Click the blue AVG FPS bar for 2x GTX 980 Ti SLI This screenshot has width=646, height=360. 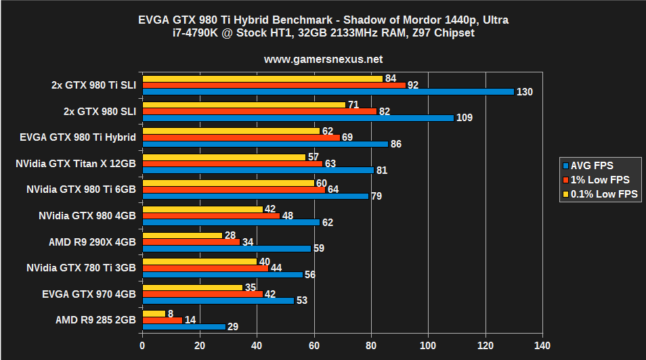[328, 91]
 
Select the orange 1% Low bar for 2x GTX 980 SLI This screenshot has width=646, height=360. [259, 111]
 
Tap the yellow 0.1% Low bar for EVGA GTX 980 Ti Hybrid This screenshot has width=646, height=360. [231, 131]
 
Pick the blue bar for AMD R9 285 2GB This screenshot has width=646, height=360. [184, 326]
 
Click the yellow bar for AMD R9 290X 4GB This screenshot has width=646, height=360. [182, 235]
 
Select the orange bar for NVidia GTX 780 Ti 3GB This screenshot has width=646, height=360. [205, 268]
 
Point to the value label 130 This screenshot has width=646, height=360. [524, 92]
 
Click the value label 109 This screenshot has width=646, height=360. [464, 118]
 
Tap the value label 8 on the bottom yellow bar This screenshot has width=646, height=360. [171, 313]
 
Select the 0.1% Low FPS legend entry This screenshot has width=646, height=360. [599, 194]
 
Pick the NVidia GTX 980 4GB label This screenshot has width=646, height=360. [88, 215]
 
